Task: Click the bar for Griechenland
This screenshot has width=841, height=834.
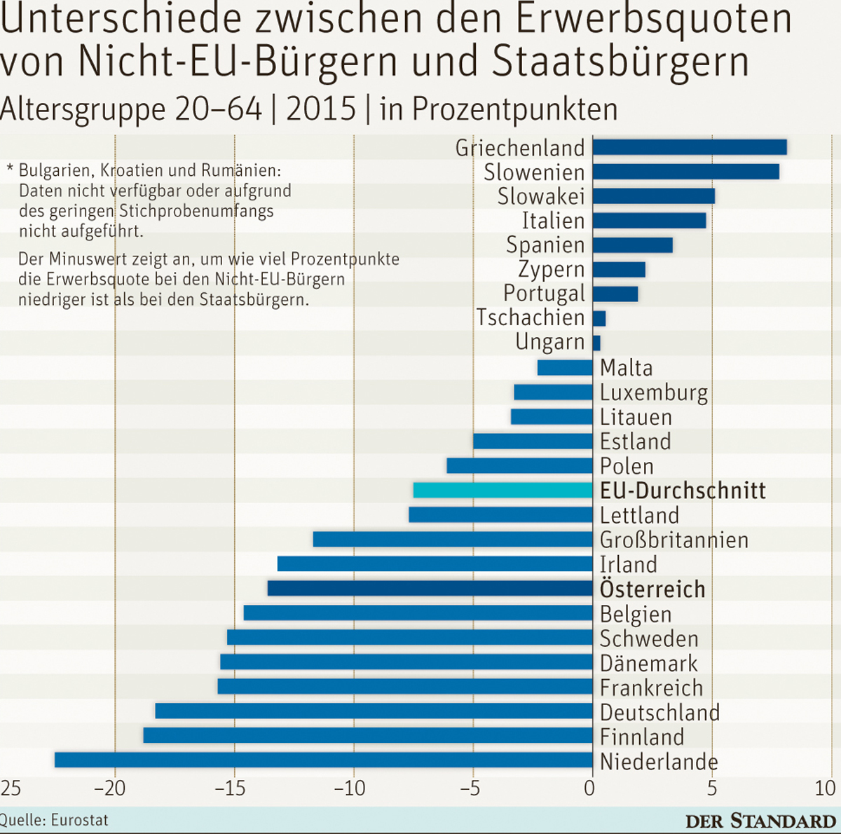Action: point(690,147)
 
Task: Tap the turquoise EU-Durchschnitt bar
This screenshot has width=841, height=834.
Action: point(502,491)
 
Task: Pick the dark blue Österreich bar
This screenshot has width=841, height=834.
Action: point(430,588)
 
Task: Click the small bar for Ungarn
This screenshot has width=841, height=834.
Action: point(596,343)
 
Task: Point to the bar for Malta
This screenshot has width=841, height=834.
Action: point(565,368)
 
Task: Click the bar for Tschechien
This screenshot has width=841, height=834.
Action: point(599,318)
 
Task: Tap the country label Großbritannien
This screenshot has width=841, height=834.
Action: point(674,540)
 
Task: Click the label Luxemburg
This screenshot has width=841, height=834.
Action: point(654,393)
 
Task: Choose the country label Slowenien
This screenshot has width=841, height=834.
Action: point(534,172)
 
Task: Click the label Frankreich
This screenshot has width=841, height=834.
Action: point(651,688)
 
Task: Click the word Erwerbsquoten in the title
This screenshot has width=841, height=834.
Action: point(653,20)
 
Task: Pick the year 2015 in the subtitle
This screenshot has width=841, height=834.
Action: point(321,109)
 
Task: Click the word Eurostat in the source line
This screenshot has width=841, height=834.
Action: point(79,819)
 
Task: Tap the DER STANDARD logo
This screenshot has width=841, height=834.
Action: point(760,821)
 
